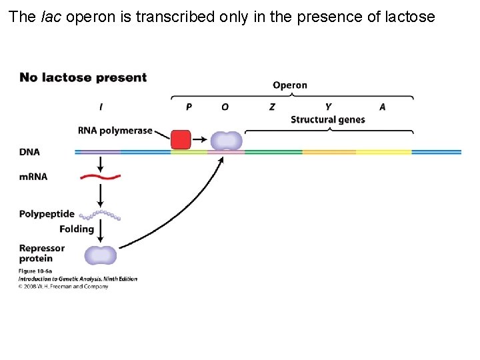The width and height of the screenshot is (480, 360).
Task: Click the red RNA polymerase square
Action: pos(181,140)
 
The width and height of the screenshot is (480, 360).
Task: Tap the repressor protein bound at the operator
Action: pos(227,141)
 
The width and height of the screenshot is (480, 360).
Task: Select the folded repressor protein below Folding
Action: pos(100,255)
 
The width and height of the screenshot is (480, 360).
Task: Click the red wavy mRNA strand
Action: pos(100,177)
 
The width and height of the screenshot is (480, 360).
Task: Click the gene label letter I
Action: pos(101,107)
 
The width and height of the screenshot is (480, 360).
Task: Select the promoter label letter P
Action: pos(189,107)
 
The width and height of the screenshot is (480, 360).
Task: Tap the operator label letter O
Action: pos(225,107)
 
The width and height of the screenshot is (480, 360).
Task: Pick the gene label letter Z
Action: pos(272,107)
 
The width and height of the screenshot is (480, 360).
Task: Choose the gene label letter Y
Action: pos(328,107)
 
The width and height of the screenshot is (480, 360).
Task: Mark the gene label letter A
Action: pos(382,107)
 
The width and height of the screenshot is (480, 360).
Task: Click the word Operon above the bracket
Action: pos(290,85)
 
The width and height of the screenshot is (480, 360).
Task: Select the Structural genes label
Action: pos(327,120)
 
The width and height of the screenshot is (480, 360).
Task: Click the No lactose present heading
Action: pos(83,77)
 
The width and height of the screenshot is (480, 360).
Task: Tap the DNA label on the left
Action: pos(29,152)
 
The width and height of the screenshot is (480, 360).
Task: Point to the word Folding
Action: pos(77,229)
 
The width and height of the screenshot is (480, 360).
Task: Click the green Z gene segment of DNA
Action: pos(273,152)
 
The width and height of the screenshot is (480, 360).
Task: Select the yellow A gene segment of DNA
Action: pos(383,152)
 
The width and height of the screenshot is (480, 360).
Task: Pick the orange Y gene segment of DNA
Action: pos(329,152)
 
